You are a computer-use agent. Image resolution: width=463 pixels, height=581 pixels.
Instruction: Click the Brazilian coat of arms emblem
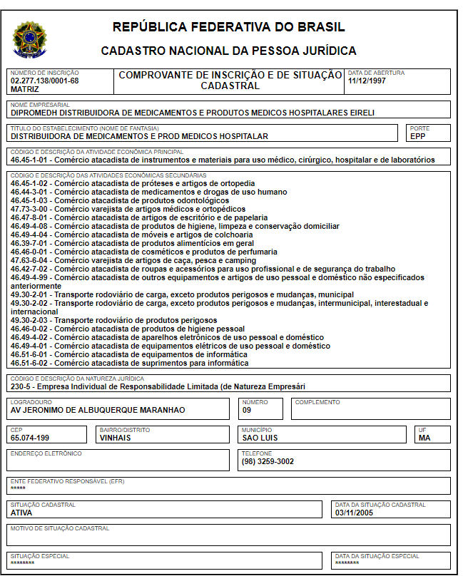29,39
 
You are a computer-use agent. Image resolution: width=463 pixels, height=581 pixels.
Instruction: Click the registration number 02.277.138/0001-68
44,81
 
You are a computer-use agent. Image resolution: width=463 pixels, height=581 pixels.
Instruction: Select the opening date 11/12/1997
368,81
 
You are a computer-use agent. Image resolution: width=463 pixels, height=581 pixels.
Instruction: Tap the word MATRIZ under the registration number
25,89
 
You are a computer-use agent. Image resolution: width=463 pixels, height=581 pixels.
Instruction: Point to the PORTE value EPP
418,136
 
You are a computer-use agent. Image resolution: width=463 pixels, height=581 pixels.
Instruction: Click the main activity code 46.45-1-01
31,160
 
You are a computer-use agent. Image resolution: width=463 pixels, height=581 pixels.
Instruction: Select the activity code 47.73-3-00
31,209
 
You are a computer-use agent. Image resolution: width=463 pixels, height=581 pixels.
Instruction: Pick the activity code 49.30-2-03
31,320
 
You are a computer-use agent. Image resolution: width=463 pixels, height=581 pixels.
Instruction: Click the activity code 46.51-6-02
31,363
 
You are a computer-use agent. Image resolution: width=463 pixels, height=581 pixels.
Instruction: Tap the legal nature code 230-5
22,386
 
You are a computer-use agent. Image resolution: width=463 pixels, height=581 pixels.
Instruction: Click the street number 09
247,410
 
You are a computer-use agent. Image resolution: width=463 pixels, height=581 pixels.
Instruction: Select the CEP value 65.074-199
30,438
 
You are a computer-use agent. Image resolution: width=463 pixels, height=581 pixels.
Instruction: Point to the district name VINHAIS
116,438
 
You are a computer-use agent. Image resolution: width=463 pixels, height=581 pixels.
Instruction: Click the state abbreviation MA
424,438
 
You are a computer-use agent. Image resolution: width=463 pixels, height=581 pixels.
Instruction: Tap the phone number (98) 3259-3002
268,461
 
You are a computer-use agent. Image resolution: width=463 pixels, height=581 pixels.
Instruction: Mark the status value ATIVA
22,512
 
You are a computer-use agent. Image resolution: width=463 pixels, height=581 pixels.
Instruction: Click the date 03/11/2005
354,512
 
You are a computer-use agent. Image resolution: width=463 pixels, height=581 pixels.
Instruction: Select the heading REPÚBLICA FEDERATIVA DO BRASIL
228,28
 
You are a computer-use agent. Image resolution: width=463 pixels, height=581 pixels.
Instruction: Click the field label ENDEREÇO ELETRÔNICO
46,453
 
